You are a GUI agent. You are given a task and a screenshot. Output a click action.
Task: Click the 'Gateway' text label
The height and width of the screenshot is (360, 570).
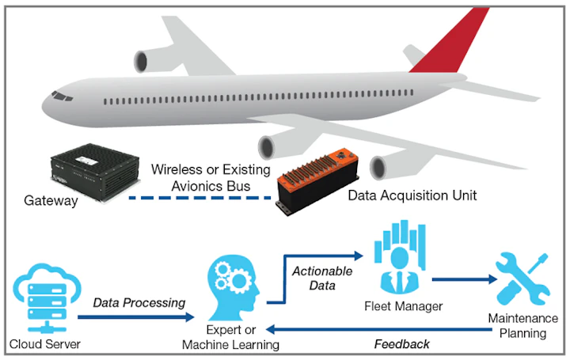(51, 201)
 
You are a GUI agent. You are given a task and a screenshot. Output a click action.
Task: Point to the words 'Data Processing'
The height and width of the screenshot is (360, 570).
(139, 302)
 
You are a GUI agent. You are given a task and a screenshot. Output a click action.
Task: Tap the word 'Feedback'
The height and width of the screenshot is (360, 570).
(403, 344)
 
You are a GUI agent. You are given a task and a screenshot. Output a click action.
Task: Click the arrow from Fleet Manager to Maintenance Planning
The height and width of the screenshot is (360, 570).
(464, 279)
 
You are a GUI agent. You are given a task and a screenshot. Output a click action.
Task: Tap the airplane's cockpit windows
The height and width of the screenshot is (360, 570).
(61, 96)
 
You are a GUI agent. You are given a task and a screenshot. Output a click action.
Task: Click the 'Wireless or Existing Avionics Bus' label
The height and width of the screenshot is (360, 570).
(211, 176)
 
